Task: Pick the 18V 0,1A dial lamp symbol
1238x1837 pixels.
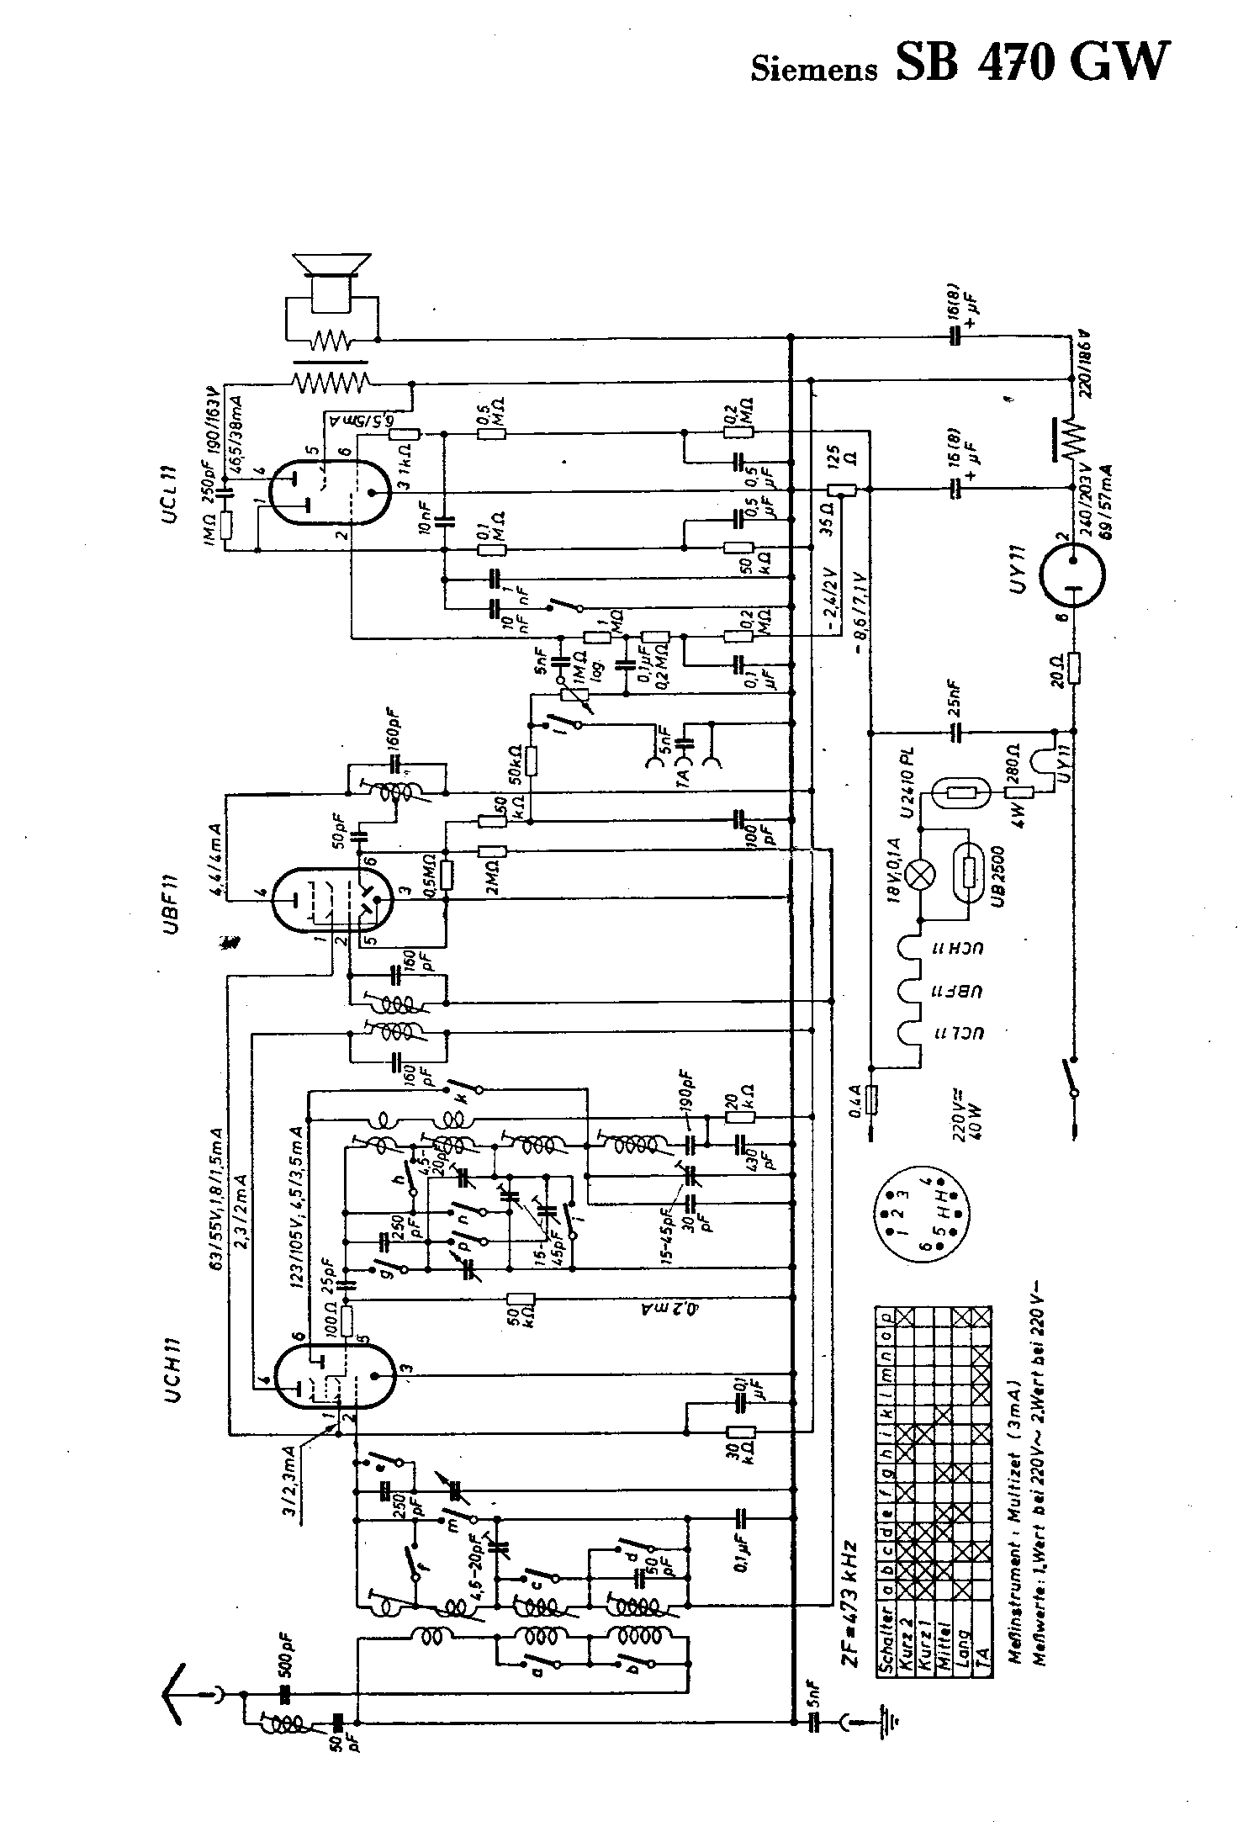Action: click(924, 874)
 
